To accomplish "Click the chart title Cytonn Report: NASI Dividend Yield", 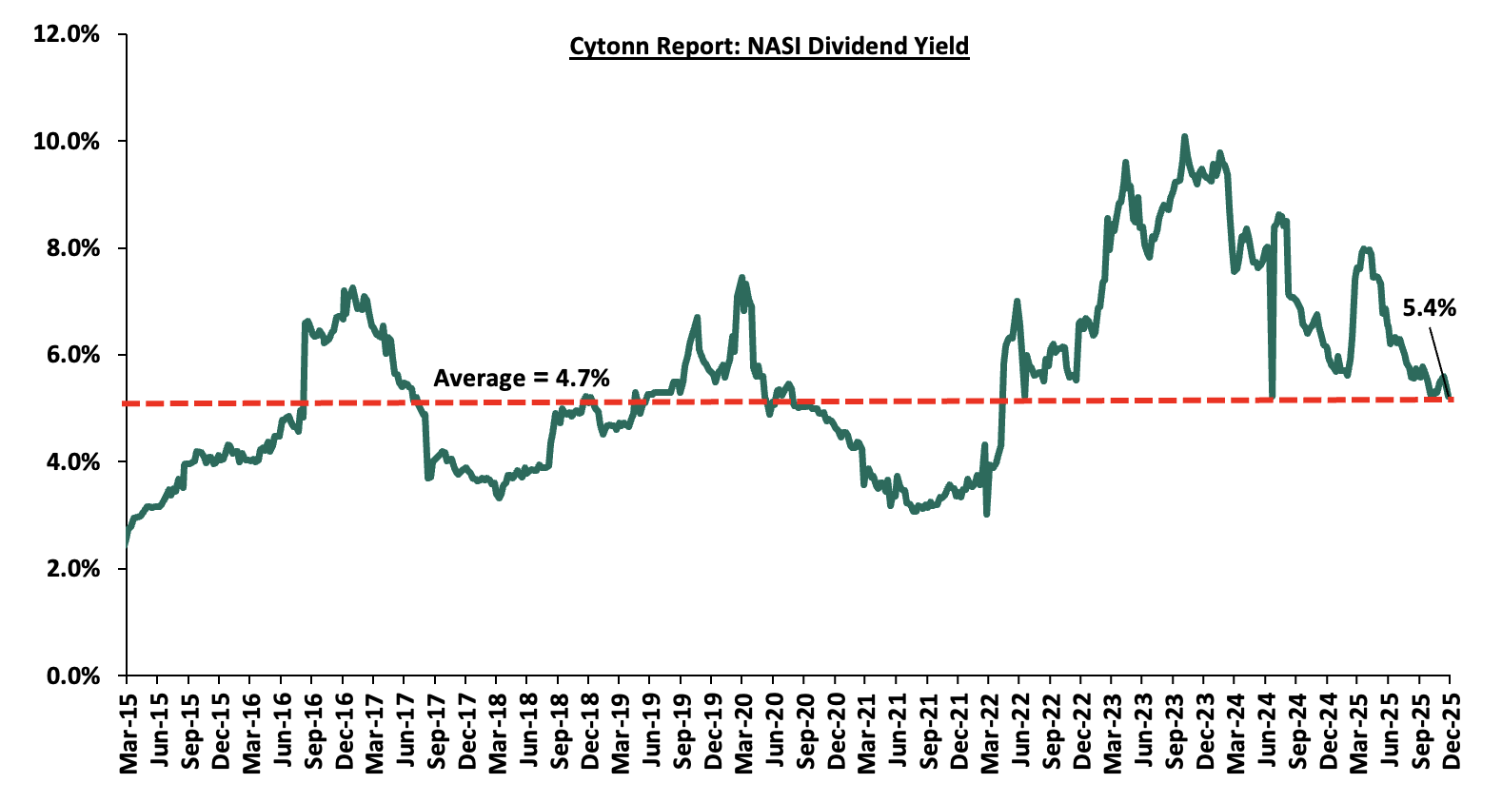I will point(769,47).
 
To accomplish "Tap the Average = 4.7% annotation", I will point(522,379).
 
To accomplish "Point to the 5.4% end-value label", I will point(1429,308).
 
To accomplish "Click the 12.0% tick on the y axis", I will point(66,34).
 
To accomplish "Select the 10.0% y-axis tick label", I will point(66,142).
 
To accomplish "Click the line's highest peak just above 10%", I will point(1184,137).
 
